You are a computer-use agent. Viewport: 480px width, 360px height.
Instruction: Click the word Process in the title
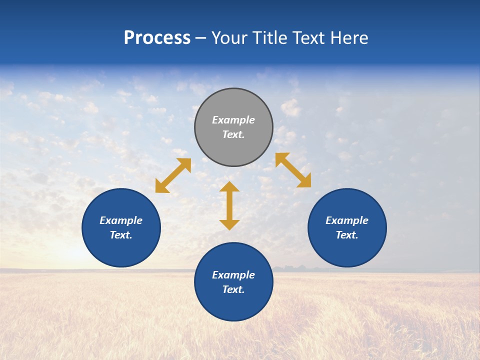pos(157,38)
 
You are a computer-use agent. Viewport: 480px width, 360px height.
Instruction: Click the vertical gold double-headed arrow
pos(229,205)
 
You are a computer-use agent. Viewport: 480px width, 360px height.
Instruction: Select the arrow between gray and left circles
pos(173,175)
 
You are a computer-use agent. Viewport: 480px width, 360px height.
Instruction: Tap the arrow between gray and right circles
pos(293,170)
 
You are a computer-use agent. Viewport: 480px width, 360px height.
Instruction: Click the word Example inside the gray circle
pos(233,120)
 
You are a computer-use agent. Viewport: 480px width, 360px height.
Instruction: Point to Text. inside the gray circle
pos(233,134)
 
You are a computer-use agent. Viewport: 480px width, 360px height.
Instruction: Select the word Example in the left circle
pos(121,220)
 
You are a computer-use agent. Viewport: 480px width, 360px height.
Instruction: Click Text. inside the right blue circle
pos(347,235)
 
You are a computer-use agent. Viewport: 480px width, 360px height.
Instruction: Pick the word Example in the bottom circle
pos(233,275)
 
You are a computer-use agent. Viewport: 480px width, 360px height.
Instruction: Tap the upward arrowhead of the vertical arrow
pos(229,187)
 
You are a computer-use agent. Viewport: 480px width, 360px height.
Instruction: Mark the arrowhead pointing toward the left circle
pos(161,187)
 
